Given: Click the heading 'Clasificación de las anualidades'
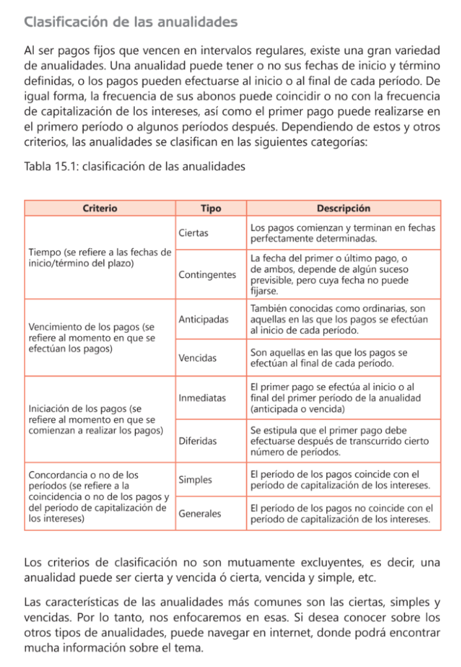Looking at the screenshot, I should [130, 22].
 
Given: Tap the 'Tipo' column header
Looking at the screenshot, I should [211, 208].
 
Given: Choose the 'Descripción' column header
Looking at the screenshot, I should [343, 208].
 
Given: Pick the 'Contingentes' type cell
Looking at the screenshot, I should [207, 275].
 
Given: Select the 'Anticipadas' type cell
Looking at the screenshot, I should [203, 319].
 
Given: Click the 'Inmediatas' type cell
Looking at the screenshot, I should [202, 397].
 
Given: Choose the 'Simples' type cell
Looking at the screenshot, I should [195, 479].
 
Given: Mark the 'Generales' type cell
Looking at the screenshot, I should [199, 513].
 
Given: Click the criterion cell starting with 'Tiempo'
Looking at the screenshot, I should [100, 257].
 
